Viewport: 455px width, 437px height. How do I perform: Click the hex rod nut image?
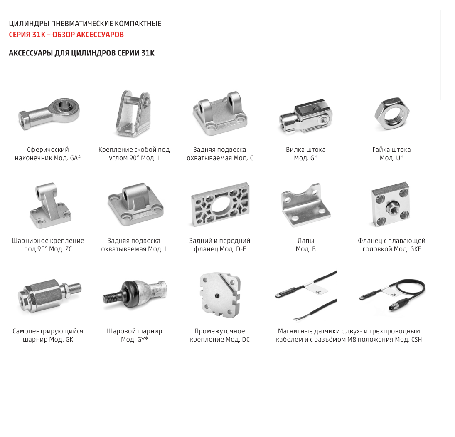coord(392,114)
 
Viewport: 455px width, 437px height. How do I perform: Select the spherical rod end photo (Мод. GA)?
coord(49,114)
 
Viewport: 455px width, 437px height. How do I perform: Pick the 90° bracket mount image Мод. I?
coord(133,114)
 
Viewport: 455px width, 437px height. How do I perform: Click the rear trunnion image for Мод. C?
coord(220,114)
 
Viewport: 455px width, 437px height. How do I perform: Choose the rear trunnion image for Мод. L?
coord(135,204)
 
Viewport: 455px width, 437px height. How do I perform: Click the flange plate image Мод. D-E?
coord(220,204)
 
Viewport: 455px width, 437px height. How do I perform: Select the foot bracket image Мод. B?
coord(305,205)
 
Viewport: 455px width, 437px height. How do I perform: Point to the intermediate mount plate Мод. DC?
coord(220,295)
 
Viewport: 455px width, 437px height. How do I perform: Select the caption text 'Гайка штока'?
coord(391,150)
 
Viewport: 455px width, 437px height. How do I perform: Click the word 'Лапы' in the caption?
coord(305,241)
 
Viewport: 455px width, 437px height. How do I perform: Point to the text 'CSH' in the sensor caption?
coord(416,339)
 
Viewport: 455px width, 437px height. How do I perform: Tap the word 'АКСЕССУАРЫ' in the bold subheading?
coord(30,53)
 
